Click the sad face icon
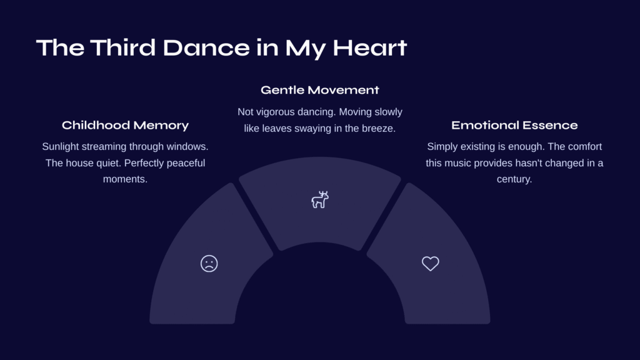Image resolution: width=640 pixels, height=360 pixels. (x=209, y=264)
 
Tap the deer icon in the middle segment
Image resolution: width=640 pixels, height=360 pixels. (x=320, y=199)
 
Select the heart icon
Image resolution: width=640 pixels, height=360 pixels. (x=430, y=264)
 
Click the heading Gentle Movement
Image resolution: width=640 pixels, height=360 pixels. (x=320, y=90)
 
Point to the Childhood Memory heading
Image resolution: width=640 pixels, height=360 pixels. (x=125, y=125)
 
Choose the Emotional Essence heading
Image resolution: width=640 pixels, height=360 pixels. (x=514, y=125)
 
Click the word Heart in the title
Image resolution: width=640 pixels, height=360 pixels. (x=370, y=47)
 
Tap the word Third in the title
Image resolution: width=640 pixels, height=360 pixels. (x=123, y=47)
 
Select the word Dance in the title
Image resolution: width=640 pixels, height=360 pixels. (x=206, y=47)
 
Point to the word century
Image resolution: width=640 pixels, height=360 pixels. (x=514, y=179)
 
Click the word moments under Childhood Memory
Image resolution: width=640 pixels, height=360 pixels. (x=125, y=179)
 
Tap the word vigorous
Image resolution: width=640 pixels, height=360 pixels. (x=276, y=112)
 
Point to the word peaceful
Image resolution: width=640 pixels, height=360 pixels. (x=186, y=163)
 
